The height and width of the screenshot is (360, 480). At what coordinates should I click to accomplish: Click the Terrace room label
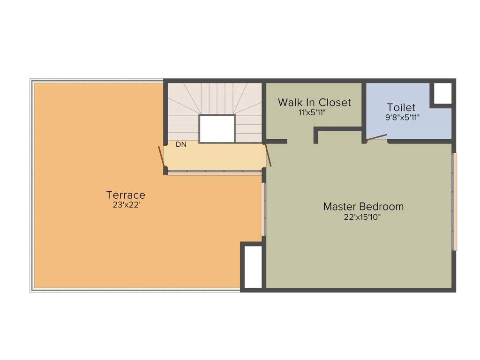[126, 195]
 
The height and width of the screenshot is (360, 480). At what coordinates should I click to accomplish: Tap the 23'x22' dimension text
[126, 205]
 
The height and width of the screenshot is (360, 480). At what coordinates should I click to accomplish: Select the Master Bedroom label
[363, 206]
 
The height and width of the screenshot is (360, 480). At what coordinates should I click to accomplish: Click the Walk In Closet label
[314, 102]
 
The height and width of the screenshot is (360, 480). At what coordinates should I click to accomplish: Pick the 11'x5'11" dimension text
[312, 112]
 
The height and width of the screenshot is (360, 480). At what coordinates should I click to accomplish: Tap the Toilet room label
[401, 107]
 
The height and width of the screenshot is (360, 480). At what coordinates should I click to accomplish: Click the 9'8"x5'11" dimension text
[402, 118]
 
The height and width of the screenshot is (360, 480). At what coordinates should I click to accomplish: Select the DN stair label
[181, 145]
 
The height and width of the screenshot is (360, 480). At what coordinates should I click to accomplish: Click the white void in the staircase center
[217, 128]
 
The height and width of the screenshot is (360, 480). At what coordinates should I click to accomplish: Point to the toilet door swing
[376, 137]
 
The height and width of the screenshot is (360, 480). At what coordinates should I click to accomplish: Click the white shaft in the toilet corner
[441, 93]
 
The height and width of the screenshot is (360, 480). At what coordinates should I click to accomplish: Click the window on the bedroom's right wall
[454, 202]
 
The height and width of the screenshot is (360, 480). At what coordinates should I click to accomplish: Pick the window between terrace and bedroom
[263, 209]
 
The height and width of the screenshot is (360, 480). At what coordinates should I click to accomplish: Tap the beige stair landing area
[216, 157]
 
